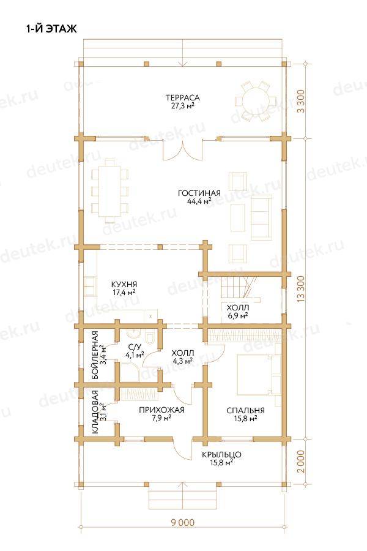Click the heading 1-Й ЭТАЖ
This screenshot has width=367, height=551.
(x=51, y=29)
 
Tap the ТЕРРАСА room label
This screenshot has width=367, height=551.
(x=183, y=97)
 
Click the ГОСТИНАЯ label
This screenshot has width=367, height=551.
(x=199, y=193)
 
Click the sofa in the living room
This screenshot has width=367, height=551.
(x=262, y=217)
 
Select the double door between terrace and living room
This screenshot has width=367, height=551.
(x=183, y=150)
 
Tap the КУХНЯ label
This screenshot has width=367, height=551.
(x=124, y=284)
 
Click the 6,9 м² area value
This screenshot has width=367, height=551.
(x=238, y=315)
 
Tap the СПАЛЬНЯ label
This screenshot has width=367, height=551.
(x=245, y=410)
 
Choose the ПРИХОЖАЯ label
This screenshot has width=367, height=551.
(x=161, y=410)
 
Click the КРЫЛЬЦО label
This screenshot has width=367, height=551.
(x=221, y=455)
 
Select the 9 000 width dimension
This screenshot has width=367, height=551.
(x=183, y=523)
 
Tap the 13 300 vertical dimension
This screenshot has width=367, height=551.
(x=301, y=288)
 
